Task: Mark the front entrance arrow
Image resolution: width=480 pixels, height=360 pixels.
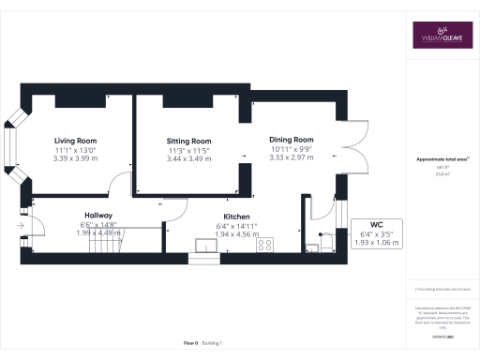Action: [x=21, y=225]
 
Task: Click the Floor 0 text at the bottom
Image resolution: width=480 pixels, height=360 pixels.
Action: [x=190, y=343]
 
